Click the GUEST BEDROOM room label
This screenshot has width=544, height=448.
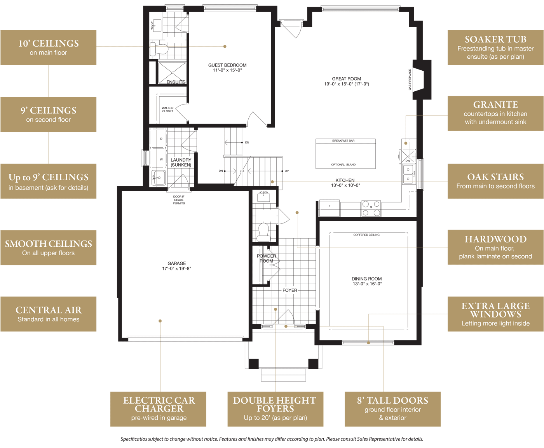pos(227,65)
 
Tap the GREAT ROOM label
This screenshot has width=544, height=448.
pos(346,79)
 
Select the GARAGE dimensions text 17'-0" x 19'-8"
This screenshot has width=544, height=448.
pos(177,268)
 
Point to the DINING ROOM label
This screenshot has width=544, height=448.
pos(366,279)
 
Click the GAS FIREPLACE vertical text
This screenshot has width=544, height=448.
pos(410,80)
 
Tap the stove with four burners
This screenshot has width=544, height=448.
pos(371,209)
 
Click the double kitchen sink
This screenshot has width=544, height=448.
pos(408,174)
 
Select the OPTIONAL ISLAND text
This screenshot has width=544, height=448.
pos(343,165)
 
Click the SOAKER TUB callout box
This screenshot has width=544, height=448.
pos(495,47)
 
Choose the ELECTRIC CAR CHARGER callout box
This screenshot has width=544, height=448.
pos(158,409)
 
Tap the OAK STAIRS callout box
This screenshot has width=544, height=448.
pos(495,181)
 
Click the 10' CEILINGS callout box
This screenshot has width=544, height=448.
pos(49,47)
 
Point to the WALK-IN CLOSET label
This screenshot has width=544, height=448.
pos(167,110)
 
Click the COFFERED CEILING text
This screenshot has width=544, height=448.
pos(366,235)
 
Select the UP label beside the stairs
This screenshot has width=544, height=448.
pos(287,171)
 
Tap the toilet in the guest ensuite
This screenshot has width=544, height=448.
pos(159,49)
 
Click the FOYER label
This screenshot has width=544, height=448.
pos(290,290)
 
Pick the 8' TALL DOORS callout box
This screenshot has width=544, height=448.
pos(392,409)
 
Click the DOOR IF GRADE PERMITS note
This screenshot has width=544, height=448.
pos(179,200)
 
